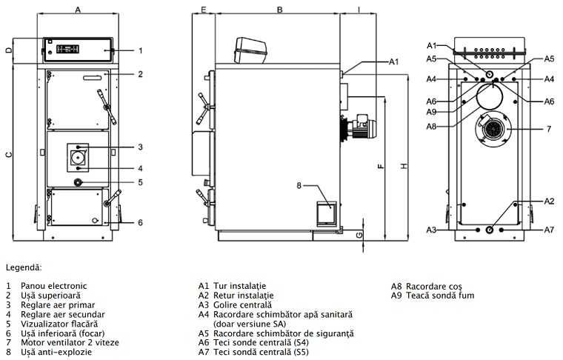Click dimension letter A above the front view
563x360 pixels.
click(x=78, y=10)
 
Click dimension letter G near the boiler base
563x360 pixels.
click(x=359, y=234)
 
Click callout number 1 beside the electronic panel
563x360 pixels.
click(x=140, y=51)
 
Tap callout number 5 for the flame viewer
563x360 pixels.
click(x=140, y=182)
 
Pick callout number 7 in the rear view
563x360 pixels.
click(x=549, y=130)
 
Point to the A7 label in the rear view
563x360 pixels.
click(x=549, y=230)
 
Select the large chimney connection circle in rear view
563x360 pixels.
click(x=488, y=96)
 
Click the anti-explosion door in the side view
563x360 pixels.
click(x=325, y=213)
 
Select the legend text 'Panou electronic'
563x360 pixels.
click(x=54, y=286)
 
